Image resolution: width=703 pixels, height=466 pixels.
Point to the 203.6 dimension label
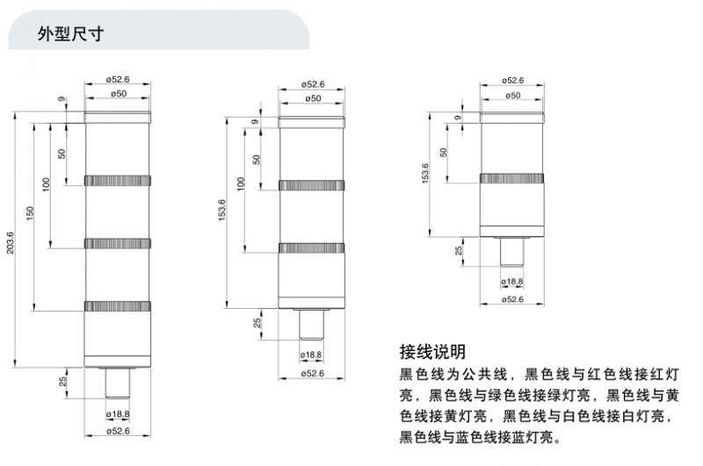10,243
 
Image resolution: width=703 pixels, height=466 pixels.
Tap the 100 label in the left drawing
46,185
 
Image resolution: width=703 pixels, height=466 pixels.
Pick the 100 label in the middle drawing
240,184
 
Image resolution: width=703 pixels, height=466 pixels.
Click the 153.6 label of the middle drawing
221,213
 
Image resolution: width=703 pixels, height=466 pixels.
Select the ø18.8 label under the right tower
511,281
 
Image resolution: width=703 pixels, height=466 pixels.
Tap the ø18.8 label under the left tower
118,413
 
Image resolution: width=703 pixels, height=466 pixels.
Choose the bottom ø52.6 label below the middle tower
313,374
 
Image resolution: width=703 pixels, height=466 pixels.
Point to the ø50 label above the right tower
511,94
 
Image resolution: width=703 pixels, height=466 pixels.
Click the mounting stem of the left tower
118,384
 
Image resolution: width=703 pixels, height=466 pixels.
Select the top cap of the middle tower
313,121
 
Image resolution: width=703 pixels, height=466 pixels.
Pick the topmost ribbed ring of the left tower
118,180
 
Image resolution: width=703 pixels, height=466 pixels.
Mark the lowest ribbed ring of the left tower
118,305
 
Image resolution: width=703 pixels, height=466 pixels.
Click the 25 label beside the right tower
458,251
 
